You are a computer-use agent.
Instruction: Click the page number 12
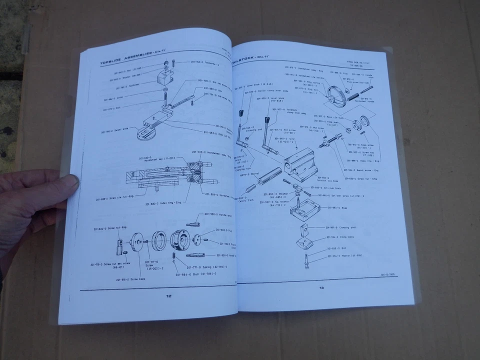pyautogui.click(x=168, y=296)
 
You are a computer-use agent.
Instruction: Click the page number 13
pyautogui.click(x=321, y=287)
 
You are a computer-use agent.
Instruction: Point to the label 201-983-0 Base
pyautogui.click(x=340, y=207)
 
